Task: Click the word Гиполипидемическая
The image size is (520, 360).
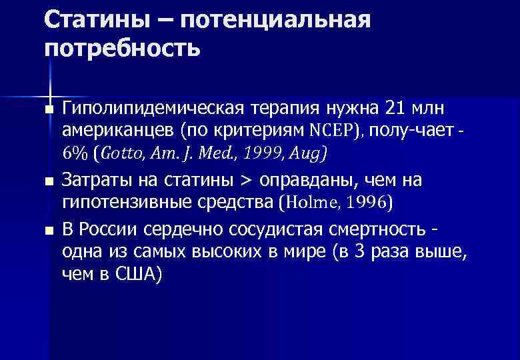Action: (153, 108)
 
